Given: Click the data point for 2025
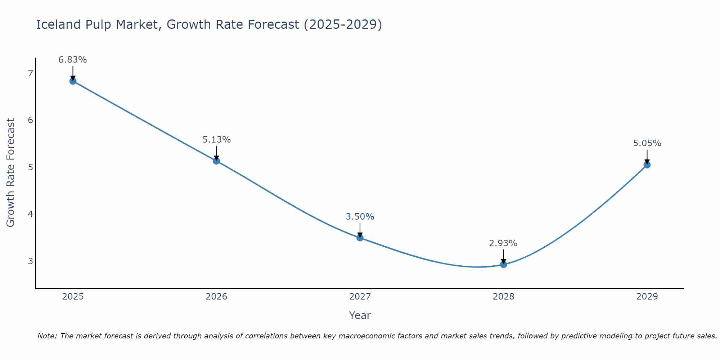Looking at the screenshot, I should point(73,81).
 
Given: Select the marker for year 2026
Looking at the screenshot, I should point(216,161).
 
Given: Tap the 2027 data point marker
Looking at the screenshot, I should point(360,238).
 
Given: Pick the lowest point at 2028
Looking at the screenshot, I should point(504,265).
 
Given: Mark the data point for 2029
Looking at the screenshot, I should point(647,165).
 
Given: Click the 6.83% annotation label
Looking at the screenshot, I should point(73,60).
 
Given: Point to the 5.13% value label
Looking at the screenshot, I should point(216,140).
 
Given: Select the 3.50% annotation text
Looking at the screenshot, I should point(360,217).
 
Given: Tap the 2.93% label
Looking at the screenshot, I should point(503,243).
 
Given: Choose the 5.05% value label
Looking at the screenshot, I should point(647,143).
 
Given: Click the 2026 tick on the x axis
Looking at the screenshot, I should point(216,297).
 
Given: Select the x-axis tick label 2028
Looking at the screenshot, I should point(503,297).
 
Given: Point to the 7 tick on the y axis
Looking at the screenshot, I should point(30,73).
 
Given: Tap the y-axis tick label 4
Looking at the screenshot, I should point(30,214).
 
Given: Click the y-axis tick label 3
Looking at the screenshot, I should point(30,261).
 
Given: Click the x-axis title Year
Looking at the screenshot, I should point(360,315).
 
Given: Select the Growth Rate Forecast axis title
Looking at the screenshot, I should point(11,173).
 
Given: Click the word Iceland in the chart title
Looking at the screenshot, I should point(58,24).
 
